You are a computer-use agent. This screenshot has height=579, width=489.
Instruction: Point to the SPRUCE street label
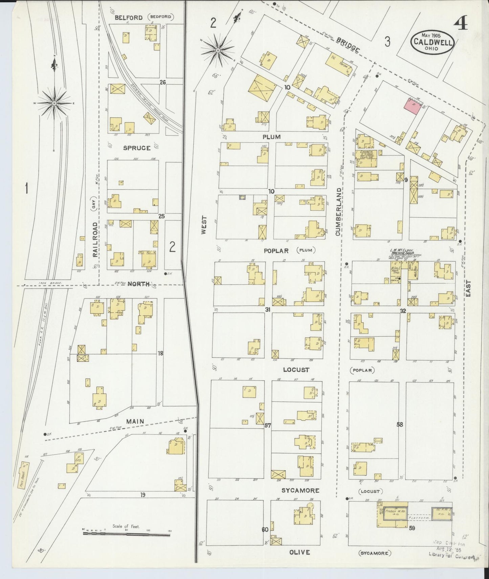137,148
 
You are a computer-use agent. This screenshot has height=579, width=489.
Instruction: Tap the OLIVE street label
299,552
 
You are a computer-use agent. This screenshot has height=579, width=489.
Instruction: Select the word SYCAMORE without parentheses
300,490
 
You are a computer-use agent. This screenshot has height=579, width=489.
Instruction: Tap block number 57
268,425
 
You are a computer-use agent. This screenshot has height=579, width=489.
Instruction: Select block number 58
400,424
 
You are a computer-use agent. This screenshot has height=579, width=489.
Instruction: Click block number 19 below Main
143,495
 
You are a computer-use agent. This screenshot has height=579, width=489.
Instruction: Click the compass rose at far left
54,102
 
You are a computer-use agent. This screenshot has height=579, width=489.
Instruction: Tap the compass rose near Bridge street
218,51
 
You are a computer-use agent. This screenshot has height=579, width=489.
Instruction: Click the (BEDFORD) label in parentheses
161,17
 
